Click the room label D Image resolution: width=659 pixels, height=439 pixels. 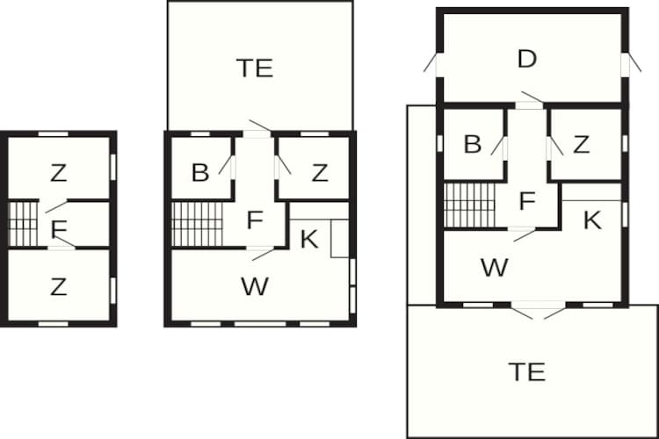point(527,59)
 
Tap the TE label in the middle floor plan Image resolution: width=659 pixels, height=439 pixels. point(255,68)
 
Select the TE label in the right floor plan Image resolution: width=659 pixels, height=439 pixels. point(527,371)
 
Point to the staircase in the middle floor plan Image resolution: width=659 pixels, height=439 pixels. point(197,224)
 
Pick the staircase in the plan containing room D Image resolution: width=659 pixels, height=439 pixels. point(470,205)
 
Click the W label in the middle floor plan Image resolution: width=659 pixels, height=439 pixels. point(255,286)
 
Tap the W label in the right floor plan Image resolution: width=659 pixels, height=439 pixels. point(494,268)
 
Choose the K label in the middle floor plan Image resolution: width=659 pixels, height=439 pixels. point(309,239)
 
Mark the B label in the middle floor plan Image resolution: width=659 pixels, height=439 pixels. point(200,172)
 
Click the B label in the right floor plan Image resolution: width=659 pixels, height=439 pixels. point(473,144)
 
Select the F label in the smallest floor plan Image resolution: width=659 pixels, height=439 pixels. point(59,229)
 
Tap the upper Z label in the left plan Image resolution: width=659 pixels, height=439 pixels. point(58,173)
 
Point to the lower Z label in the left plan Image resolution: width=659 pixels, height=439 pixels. point(58,287)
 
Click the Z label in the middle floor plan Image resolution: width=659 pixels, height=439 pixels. point(320,173)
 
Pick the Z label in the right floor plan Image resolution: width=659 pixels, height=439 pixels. point(582,145)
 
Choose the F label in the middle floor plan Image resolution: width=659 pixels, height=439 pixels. point(255,220)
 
